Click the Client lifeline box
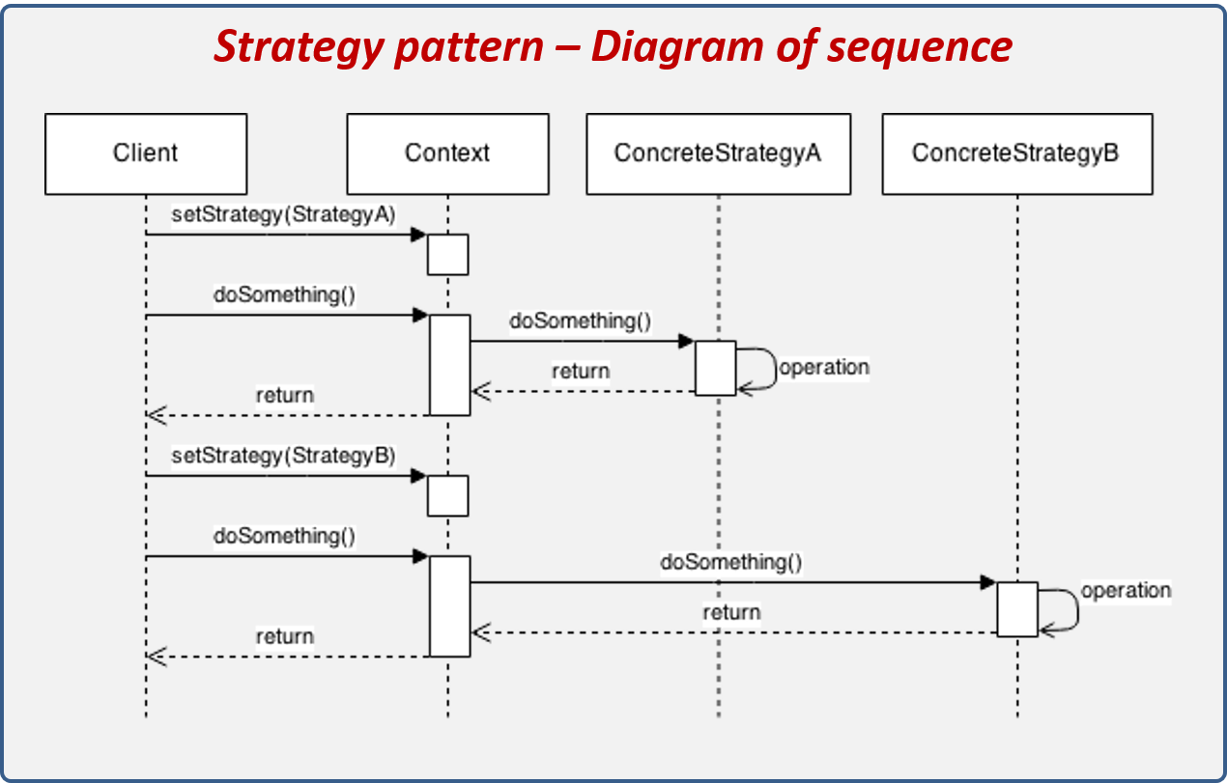pyautogui.click(x=146, y=154)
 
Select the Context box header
pyautogui.click(x=447, y=154)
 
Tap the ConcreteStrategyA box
pyautogui.click(x=718, y=154)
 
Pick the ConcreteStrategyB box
pyautogui.click(x=1016, y=154)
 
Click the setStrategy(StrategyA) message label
pyautogui.click(x=283, y=214)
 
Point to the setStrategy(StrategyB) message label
pyautogui.click(x=283, y=456)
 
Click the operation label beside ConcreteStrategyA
pyautogui.click(x=824, y=368)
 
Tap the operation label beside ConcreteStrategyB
pyautogui.click(x=1126, y=591)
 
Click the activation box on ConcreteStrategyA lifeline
pyautogui.click(x=716, y=368)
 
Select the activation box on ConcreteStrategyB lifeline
pyautogui.click(x=1017, y=609)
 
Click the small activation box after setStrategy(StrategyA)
pyautogui.click(x=448, y=255)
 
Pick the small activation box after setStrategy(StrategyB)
pyautogui.click(x=448, y=496)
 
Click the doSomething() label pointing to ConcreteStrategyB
pyautogui.click(x=731, y=562)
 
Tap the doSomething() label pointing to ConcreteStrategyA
pyautogui.click(x=581, y=322)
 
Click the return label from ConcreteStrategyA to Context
pyautogui.click(x=581, y=372)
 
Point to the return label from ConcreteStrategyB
pyautogui.click(x=731, y=613)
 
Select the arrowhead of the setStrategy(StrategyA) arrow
pyautogui.click(x=418, y=235)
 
